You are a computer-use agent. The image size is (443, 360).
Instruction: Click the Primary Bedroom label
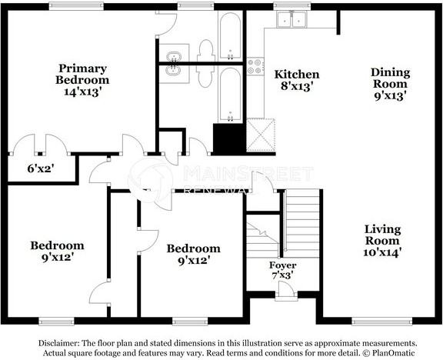point(82,80)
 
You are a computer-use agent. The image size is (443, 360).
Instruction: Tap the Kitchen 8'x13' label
point(297,80)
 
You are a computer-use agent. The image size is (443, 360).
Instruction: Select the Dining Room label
point(391,84)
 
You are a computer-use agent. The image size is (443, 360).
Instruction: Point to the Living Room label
point(382,241)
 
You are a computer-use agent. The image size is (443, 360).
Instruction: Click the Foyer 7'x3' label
point(282,270)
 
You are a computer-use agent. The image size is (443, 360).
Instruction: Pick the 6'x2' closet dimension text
point(41,168)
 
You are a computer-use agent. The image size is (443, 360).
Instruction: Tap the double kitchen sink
point(291,19)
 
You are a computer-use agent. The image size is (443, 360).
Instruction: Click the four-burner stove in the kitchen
point(255,66)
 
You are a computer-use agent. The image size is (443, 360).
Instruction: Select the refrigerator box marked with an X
point(261,135)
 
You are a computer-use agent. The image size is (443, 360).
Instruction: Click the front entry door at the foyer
point(286,290)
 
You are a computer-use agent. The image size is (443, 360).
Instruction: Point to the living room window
point(382,322)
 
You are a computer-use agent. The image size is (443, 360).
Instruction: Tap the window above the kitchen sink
point(292,6)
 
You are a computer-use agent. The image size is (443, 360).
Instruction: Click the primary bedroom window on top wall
point(76,6)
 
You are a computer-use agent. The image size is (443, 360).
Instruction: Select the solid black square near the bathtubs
point(228,138)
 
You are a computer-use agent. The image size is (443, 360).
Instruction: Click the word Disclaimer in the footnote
point(58,343)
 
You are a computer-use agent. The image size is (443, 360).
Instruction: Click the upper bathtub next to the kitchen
point(230,36)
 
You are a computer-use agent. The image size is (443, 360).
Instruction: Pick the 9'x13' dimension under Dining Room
point(390,96)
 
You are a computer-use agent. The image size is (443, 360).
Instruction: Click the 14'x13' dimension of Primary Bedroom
point(82,92)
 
